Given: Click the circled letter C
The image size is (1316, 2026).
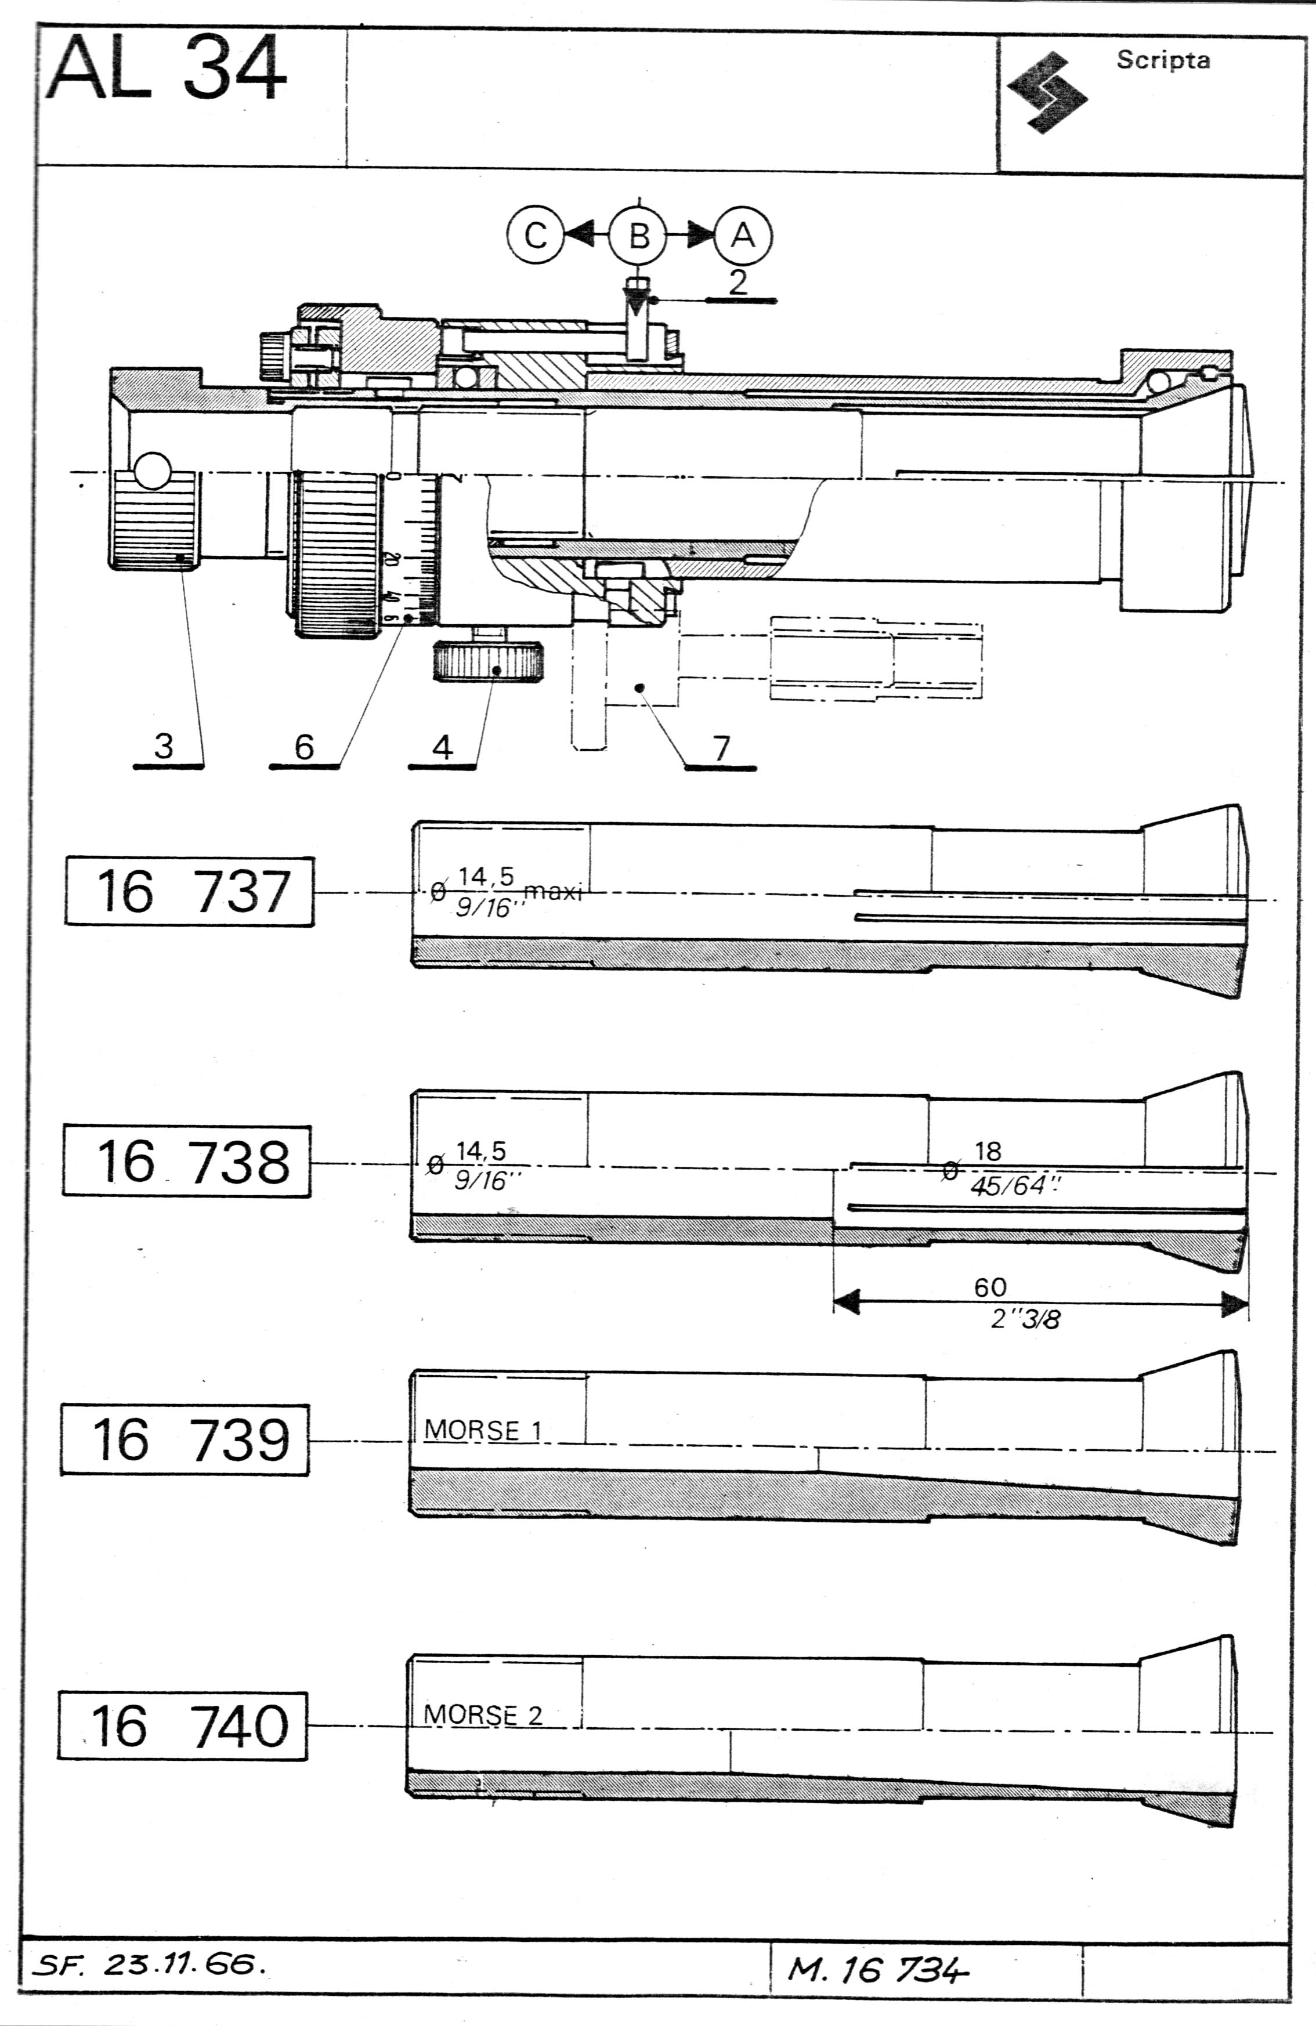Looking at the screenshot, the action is coord(536,235).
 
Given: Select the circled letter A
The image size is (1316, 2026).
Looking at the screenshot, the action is coord(743,235).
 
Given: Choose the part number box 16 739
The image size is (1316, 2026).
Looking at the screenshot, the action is coord(185,1439).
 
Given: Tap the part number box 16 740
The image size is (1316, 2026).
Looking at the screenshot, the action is coord(183,1725).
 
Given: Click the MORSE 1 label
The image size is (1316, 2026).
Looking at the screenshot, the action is coord(483,1429).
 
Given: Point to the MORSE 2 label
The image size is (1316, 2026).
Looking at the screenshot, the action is coord(483,1714).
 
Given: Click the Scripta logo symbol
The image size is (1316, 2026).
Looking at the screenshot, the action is coord(1047,92).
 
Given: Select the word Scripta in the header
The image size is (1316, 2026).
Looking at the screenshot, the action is coord(1163,60).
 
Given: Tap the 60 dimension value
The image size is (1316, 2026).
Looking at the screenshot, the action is coord(990,1286).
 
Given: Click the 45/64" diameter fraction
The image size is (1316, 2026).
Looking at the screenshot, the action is coord(1015,1186).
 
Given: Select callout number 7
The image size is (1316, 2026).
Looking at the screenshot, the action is coord(722,747).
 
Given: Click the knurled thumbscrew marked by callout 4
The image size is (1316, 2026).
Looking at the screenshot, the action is coord(489,661).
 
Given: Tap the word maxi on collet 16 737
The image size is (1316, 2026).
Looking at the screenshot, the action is coord(552,891).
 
